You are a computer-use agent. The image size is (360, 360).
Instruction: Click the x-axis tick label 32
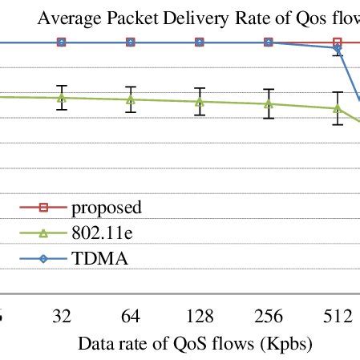point(61,317)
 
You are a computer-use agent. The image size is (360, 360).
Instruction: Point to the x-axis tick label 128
point(200,317)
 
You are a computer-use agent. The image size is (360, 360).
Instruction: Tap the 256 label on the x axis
point(269,317)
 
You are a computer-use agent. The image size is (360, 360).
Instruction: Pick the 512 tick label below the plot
point(338,317)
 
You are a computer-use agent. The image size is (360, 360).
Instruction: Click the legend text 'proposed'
point(107,208)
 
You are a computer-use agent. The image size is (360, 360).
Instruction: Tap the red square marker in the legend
point(44,208)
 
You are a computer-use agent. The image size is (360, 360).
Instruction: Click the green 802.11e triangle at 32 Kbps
point(61,98)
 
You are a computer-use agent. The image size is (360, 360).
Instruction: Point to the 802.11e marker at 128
point(200,102)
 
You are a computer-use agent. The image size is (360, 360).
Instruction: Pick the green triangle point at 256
point(269,103)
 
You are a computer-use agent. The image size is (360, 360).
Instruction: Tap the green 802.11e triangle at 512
point(338,108)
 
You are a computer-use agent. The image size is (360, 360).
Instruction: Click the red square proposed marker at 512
point(338,42)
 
